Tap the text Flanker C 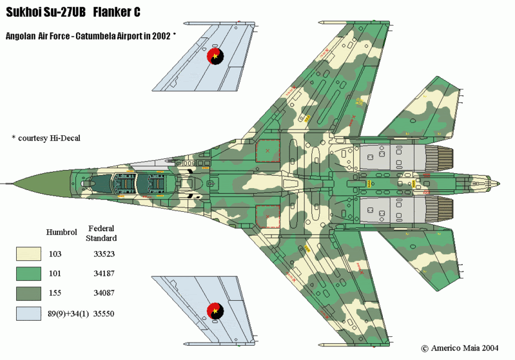click(117, 12)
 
